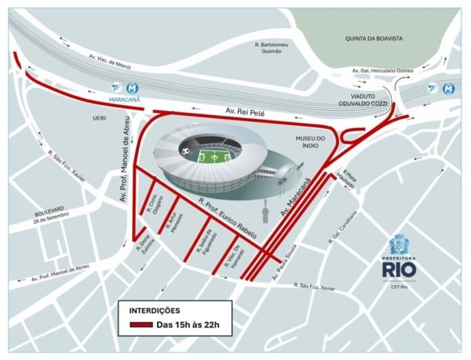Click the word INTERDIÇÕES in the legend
(x=154, y=311)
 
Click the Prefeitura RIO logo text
(x=399, y=269)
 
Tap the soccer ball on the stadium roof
(x=185, y=150)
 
